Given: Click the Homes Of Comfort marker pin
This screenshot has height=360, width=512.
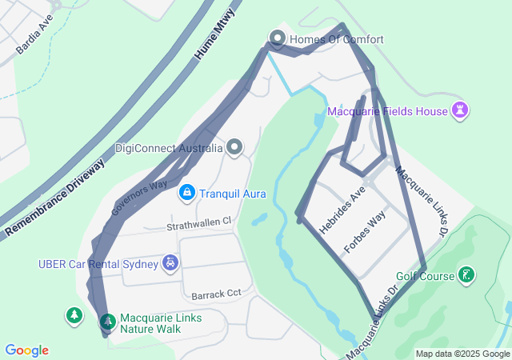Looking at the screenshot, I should [278, 38].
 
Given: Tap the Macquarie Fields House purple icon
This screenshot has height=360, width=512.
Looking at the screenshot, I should [460, 110].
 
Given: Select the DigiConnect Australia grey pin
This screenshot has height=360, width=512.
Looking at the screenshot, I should [234, 147].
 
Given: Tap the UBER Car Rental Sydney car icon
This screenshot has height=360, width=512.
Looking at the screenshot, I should [170, 262].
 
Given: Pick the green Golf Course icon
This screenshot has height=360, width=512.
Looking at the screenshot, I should [466, 276].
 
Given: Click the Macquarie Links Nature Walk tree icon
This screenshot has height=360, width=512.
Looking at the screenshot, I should [106, 322].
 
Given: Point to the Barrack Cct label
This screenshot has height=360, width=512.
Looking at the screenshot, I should [212, 294].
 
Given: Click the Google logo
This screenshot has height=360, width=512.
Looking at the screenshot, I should [26, 350].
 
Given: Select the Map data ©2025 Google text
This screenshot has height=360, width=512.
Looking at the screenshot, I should [462, 354].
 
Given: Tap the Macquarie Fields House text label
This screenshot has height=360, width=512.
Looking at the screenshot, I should [387, 111].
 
